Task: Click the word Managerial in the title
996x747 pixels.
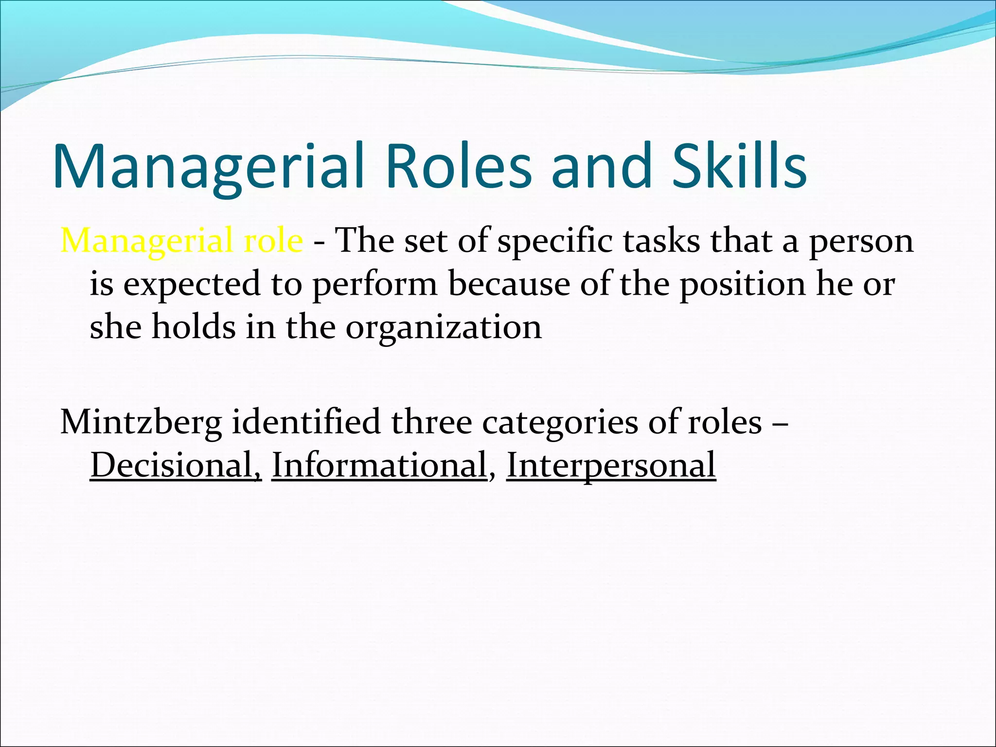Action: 209,166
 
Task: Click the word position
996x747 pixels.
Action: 742,285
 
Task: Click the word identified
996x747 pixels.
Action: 306,422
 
